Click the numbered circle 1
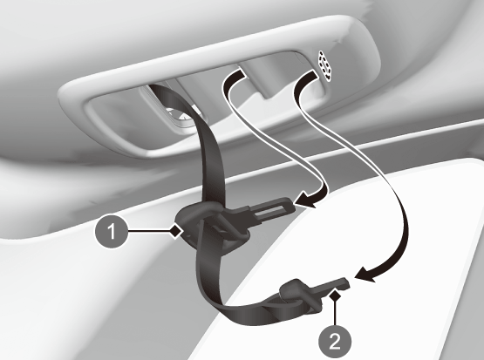coord(112,231)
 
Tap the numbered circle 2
coord(335,342)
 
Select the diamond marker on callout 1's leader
coord(176,231)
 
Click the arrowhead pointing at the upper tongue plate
coord(305,200)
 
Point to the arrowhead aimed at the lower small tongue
coord(365,275)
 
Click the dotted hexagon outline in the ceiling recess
coord(325,66)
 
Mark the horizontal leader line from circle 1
coord(149,231)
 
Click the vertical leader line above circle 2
coord(335,314)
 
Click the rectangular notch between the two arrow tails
coord(268,84)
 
